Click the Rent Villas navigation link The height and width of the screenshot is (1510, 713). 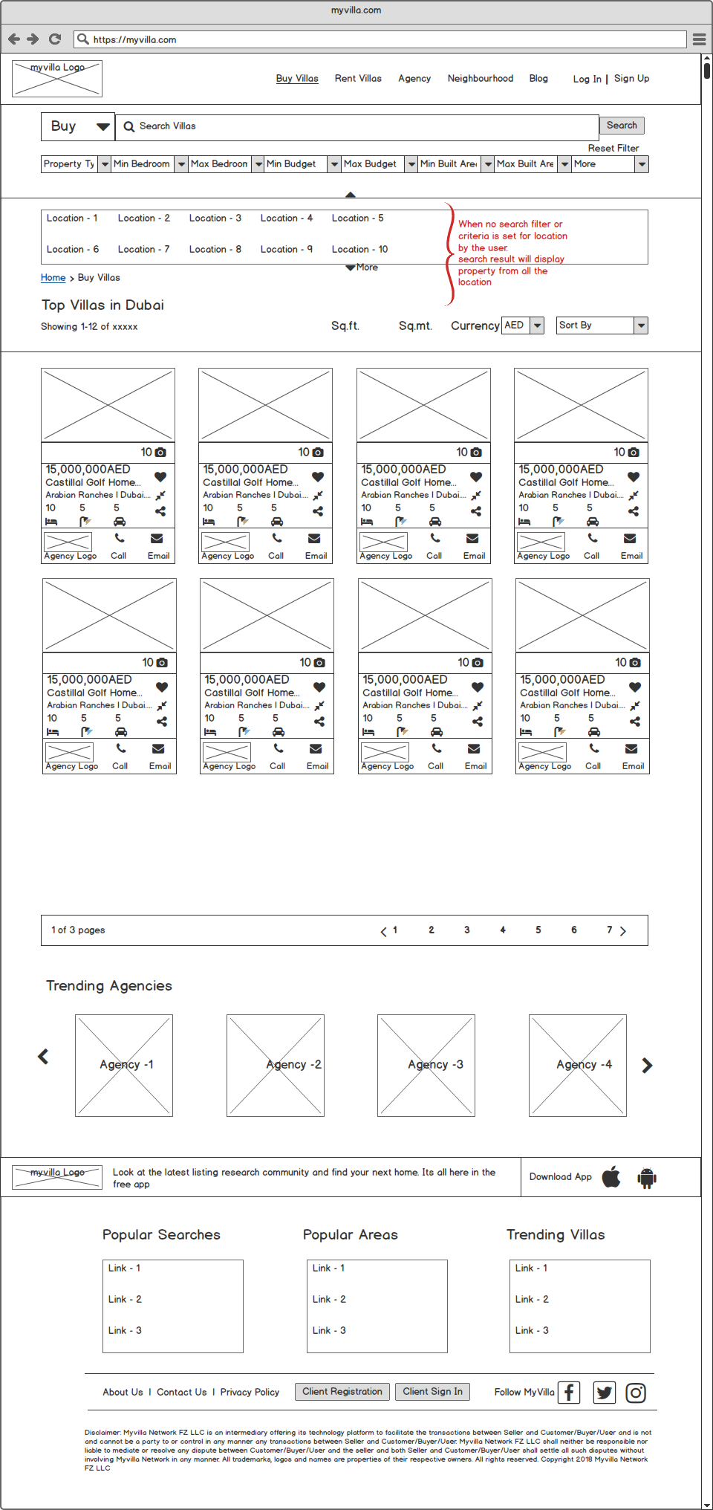(x=358, y=79)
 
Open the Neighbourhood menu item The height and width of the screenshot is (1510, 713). (x=480, y=79)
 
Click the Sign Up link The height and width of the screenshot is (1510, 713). (x=631, y=79)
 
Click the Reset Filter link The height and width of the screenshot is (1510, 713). (x=613, y=149)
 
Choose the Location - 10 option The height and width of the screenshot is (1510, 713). (x=359, y=250)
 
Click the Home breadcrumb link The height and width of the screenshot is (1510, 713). (x=53, y=278)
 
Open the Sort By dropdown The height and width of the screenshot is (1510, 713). (x=602, y=325)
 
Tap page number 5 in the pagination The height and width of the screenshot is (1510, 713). (x=538, y=930)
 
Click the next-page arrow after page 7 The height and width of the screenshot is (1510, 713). (x=623, y=931)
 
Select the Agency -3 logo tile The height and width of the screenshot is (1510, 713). (x=426, y=1065)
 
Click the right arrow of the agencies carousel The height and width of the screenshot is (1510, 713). (x=647, y=1066)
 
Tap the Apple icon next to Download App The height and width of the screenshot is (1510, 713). (x=611, y=1177)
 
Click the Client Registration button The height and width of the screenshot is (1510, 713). (x=342, y=1392)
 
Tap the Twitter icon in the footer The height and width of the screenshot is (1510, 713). (x=605, y=1393)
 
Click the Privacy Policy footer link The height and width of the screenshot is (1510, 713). (x=250, y=1393)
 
